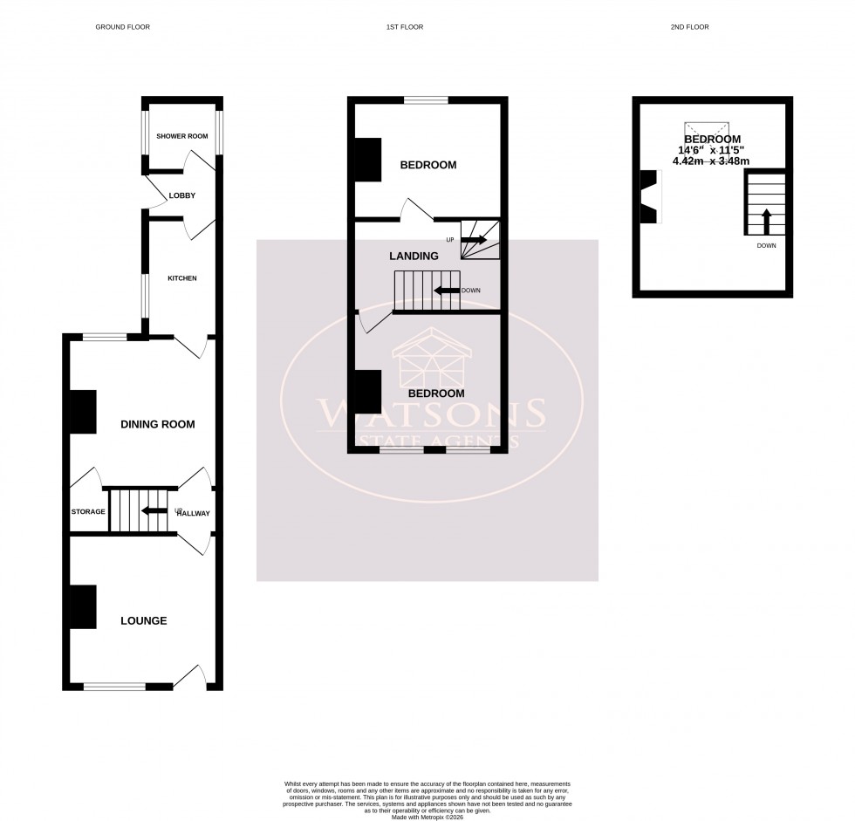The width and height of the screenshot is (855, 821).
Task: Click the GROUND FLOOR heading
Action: coord(122,27)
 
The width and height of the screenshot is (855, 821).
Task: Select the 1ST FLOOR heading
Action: coord(405,27)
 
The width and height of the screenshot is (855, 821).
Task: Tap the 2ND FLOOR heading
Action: coord(689,27)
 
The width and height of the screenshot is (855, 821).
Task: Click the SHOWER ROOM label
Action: coord(181,136)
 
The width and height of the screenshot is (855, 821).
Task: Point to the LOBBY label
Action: coord(181,195)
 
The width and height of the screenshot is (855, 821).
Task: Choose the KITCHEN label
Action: coord(182,278)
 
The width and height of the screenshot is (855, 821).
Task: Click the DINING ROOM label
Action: coord(157,425)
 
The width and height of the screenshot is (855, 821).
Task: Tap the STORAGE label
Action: coord(88,512)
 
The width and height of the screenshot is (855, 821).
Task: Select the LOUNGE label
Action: coord(144,621)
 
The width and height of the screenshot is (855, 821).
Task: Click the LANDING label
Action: coord(413,256)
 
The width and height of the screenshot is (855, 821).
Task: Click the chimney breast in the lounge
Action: coord(83,606)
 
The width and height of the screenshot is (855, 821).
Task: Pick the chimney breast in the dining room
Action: coord(83,412)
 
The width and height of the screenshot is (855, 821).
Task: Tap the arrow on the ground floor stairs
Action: coord(154,512)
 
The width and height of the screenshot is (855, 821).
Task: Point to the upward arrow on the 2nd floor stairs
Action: coord(766,221)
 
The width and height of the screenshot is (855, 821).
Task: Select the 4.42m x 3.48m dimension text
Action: coord(713,161)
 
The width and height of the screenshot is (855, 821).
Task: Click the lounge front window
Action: coord(114,687)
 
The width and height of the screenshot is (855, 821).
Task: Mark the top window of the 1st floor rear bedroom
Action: coord(426,100)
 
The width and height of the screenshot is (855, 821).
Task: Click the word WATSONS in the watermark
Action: coord(431,411)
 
